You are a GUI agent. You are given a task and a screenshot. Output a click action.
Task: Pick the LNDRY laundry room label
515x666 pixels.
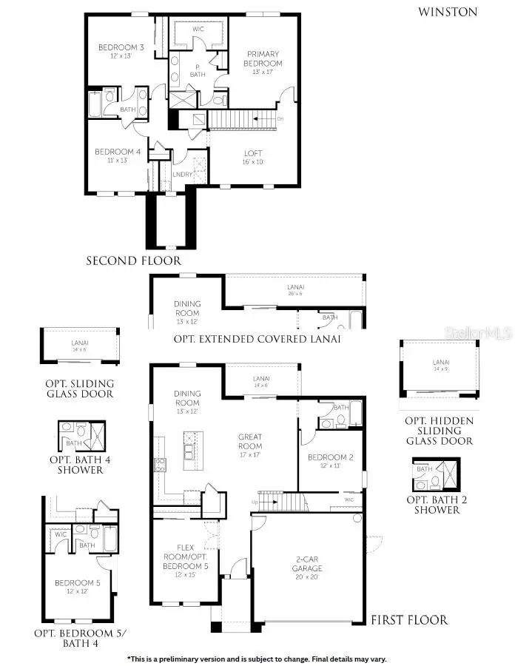pos(182,175)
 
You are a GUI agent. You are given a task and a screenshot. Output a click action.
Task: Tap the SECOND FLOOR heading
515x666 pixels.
pos(133,260)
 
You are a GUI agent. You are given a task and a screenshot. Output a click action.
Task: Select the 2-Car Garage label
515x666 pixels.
pos(306,564)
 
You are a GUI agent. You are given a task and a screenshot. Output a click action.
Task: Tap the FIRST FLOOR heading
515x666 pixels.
pos(408,619)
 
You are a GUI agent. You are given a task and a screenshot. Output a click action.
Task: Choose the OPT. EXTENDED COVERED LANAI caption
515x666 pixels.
pos(257,339)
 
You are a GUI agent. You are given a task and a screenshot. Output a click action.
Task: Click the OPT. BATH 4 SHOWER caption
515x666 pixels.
pos(76,464)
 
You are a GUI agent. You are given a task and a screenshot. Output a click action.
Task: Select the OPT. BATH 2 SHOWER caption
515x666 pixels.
pos(437,505)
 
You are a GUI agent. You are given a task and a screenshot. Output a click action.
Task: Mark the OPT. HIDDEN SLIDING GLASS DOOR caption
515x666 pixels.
pos(439,430)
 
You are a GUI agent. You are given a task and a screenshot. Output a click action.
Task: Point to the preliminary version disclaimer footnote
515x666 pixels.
pos(257,659)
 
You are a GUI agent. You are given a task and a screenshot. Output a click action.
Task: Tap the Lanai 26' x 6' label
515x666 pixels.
pos(294,289)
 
